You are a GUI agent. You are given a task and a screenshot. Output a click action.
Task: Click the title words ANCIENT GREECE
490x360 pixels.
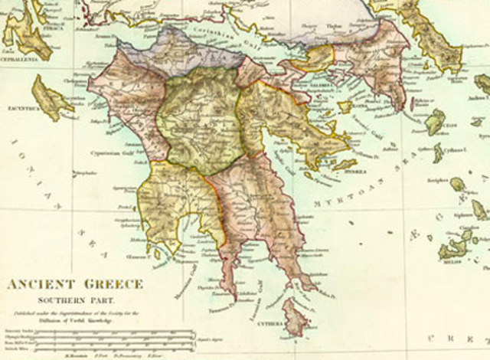[x=75, y=284]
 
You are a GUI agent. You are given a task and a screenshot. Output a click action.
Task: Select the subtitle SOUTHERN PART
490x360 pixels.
[x=74, y=299]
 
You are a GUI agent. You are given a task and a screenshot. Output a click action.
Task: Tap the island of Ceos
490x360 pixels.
[x=435, y=121]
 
